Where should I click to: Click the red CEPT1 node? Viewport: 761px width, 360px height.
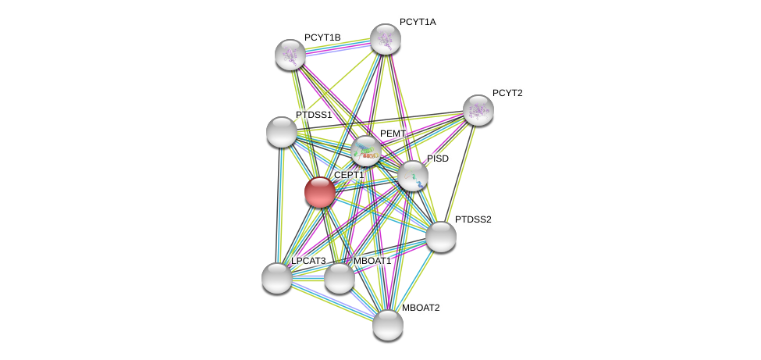319,192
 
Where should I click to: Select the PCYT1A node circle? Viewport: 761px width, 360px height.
385,39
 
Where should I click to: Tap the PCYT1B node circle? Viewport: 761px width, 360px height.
290,55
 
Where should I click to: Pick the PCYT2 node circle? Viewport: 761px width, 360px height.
478,110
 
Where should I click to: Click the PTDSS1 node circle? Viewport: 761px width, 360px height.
281,132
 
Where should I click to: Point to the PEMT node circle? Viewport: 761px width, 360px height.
365,151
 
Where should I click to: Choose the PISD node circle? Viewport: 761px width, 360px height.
413,176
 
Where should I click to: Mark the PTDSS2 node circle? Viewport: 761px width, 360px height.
440,237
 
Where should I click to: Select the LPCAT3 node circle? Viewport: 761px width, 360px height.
276,278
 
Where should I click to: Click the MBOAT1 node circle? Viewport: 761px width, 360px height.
339,278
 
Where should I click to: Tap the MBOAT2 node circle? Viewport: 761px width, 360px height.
387,325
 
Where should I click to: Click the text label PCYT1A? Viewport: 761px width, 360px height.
418,22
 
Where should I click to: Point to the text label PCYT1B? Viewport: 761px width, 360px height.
322,37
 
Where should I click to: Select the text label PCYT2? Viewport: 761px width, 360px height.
507,93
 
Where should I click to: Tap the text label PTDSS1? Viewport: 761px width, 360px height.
314,115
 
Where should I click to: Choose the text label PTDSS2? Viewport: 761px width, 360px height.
473,219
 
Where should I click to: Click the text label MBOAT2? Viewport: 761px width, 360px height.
421,308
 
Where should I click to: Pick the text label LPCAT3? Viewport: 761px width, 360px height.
308,261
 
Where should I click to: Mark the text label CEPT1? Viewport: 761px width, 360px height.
349,176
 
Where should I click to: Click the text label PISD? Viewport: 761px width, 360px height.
438,159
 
